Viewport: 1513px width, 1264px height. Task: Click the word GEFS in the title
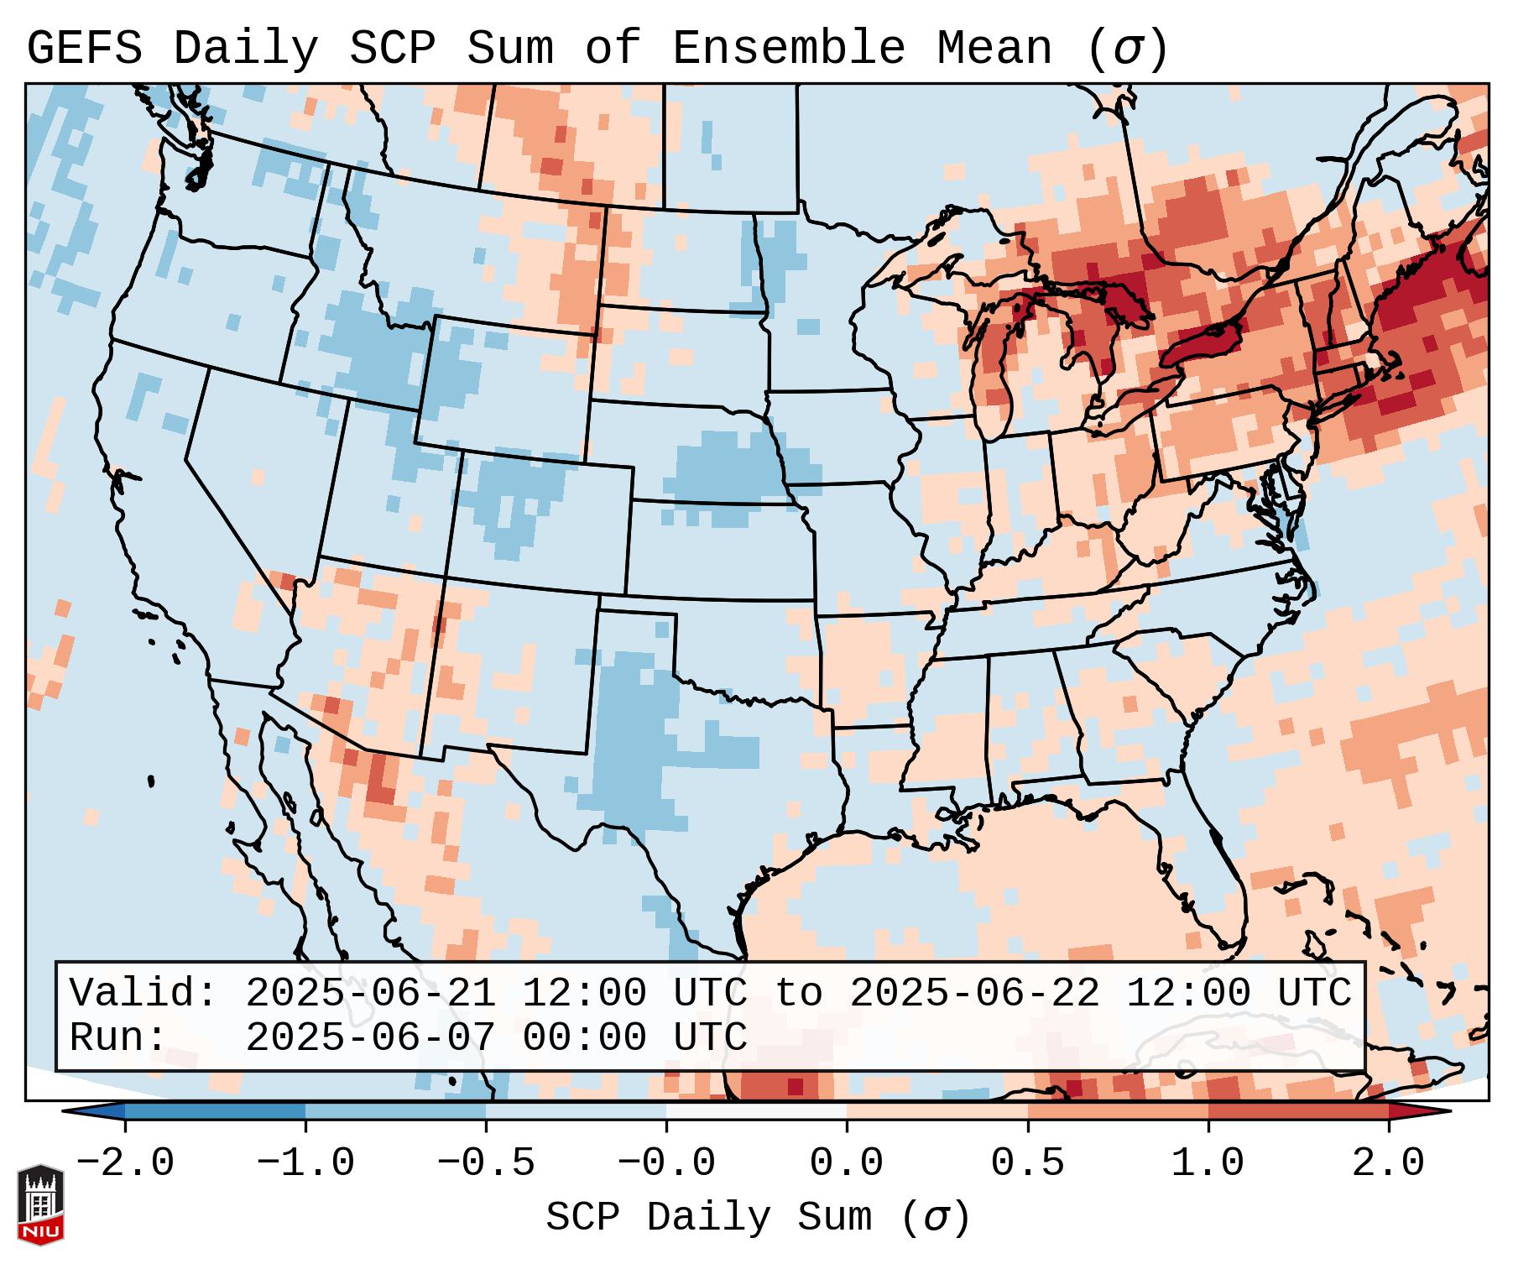pos(85,48)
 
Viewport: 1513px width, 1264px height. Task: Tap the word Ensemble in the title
pos(788,48)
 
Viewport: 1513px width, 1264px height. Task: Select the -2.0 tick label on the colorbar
pos(125,1163)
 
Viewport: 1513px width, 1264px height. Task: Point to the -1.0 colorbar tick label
pos(305,1163)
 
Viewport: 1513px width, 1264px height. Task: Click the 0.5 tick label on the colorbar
pos(1027,1163)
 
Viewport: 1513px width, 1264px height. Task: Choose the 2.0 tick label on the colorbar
pos(1388,1163)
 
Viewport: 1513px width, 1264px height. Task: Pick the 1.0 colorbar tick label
pos(1208,1163)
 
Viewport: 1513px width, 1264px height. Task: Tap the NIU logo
pos(40,1204)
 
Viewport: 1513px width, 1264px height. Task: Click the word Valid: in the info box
pos(143,993)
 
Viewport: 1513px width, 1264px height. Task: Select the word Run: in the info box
pos(118,1037)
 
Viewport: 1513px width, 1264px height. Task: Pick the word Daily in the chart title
pos(246,48)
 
